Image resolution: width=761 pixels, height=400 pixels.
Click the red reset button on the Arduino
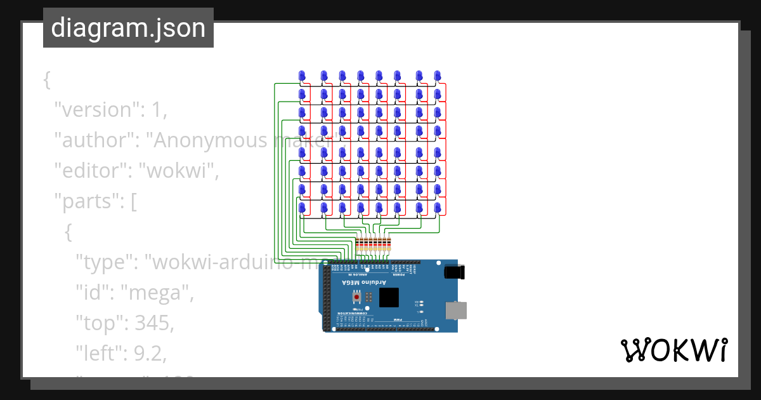point(358,297)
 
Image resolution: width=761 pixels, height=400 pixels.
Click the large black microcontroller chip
point(389,297)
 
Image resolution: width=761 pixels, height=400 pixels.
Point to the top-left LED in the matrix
point(302,76)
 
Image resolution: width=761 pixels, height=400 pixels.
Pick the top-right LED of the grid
point(437,76)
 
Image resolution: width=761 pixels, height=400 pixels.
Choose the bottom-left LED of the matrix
point(302,208)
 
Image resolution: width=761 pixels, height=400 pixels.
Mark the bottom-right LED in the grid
point(437,208)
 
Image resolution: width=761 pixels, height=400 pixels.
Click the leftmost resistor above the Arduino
point(358,244)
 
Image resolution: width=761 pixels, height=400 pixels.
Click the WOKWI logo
point(673,350)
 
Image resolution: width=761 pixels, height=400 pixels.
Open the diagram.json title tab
point(128,28)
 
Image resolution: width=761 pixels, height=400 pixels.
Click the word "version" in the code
point(95,110)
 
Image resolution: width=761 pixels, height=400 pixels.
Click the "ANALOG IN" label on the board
point(349,274)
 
